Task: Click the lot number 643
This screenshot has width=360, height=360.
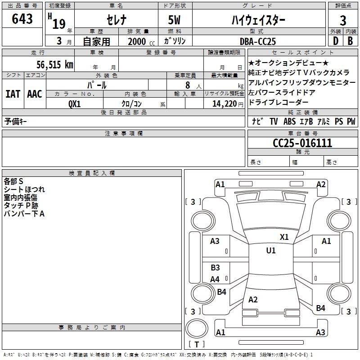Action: (22, 18)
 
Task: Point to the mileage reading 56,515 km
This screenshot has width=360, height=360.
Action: (55, 64)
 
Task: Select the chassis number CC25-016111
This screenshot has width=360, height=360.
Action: (302, 143)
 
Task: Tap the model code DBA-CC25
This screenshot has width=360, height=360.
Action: (257, 41)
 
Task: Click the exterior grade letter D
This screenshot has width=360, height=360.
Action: (336, 41)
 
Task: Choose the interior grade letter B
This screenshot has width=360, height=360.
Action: (350, 41)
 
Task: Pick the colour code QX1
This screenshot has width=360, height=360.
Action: (74, 104)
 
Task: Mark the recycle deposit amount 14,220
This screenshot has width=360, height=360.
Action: (224, 104)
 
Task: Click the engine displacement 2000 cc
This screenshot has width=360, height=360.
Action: (141, 41)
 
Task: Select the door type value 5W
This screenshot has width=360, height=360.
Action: (174, 20)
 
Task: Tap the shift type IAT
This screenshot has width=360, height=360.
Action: (13, 94)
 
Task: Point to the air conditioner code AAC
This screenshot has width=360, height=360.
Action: (35, 94)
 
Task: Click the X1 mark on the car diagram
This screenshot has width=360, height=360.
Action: (284, 237)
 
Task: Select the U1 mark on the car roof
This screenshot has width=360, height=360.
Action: (271, 251)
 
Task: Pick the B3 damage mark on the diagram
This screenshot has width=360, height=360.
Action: (215, 267)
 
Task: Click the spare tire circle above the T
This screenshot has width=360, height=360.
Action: (197, 328)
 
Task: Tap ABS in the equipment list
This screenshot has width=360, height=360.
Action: (289, 121)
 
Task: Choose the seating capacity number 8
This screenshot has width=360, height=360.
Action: (188, 85)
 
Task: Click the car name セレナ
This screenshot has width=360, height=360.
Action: (117, 20)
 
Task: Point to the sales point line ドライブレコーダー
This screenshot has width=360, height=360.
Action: (278, 102)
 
